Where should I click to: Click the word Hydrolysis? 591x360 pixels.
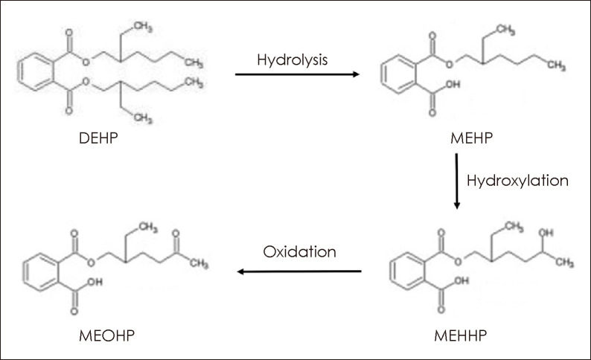(293, 59)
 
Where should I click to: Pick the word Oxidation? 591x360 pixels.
(299, 252)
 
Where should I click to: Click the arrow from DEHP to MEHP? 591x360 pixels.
(297, 74)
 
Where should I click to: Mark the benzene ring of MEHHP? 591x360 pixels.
(405, 269)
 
